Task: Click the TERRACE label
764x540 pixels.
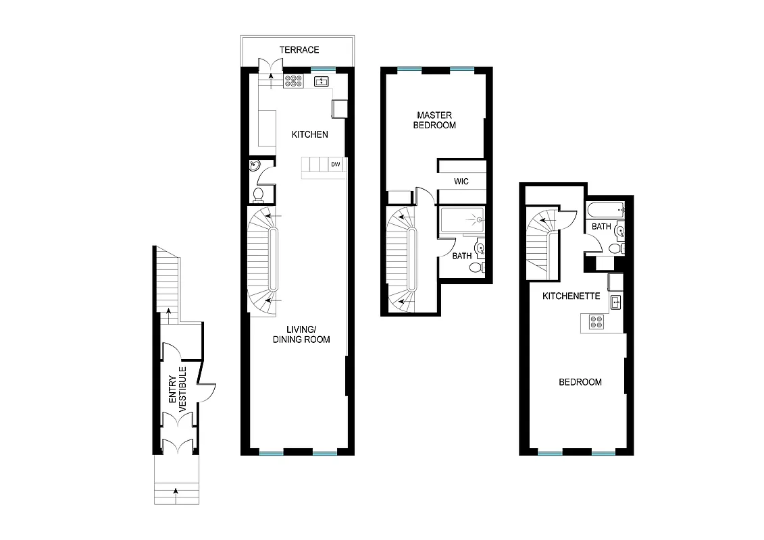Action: click(300, 50)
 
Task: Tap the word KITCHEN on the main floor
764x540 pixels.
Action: click(309, 134)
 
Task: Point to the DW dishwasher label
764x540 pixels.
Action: click(336, 165)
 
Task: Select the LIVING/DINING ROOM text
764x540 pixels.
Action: click(301, 334)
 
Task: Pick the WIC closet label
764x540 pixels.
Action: click(461, 182)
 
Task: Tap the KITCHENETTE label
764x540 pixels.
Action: click(571, 296)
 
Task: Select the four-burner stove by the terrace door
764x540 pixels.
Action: click(293, 81)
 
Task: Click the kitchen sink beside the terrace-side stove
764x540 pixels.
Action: click(322, 82)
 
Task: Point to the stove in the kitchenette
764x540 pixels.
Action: click(595, 322)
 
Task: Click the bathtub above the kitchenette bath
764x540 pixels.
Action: click(607, 210)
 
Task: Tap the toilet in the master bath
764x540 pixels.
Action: click(476, 268)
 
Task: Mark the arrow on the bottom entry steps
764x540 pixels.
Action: click(176, 491)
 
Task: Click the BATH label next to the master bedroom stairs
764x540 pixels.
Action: click(462, 256)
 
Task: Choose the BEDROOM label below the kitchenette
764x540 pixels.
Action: click(580, 382)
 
